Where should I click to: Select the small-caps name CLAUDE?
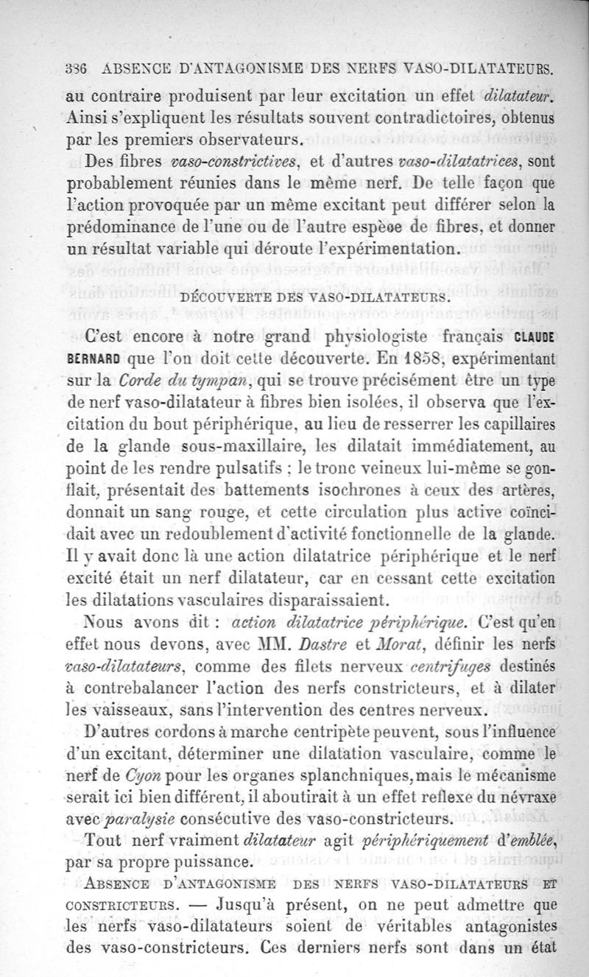(535, 337)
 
